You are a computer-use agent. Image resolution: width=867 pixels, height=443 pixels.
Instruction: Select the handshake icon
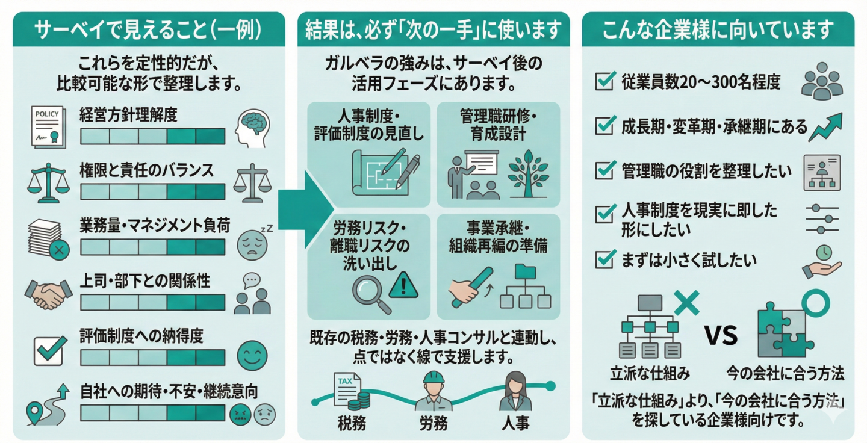point(48,294)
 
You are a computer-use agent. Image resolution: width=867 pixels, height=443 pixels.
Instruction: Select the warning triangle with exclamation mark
point(403,284)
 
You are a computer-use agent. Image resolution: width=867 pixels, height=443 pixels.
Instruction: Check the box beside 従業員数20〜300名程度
point(603,81)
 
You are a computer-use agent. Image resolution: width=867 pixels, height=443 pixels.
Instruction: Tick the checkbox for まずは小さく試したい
point(603,259)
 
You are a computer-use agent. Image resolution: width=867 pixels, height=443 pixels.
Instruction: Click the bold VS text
point(721,335)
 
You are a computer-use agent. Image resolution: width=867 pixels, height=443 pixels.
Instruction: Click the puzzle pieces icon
point(781,328)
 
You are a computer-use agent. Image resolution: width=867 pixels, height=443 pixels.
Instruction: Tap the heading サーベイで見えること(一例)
point(148,29)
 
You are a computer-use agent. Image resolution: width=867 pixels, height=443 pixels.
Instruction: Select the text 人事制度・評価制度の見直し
point(369,125)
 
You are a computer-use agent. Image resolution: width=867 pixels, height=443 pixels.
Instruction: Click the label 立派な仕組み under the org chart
point(649,374)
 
